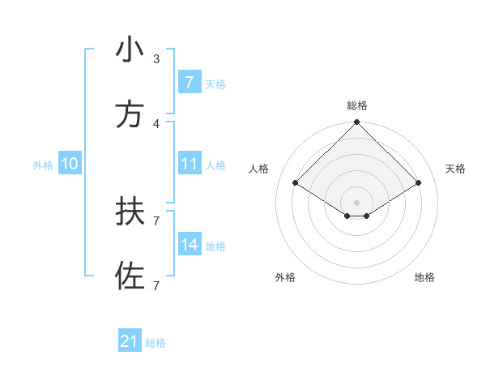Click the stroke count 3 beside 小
[156, 59]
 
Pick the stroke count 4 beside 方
[156, 123]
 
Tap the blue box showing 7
[189, 83]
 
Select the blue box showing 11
[189, 164]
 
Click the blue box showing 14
[189, 245]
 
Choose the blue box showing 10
[70, 164]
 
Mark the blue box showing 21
[129, 341]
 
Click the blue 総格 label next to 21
[156, 343]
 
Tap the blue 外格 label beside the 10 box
[43, 165]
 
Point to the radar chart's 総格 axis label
[357, 105]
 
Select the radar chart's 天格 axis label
[456, 169]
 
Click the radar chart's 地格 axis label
[424, 277]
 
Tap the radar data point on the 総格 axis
[357, 123]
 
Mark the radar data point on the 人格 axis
[296, 182]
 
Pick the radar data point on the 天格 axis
[419, 182]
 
